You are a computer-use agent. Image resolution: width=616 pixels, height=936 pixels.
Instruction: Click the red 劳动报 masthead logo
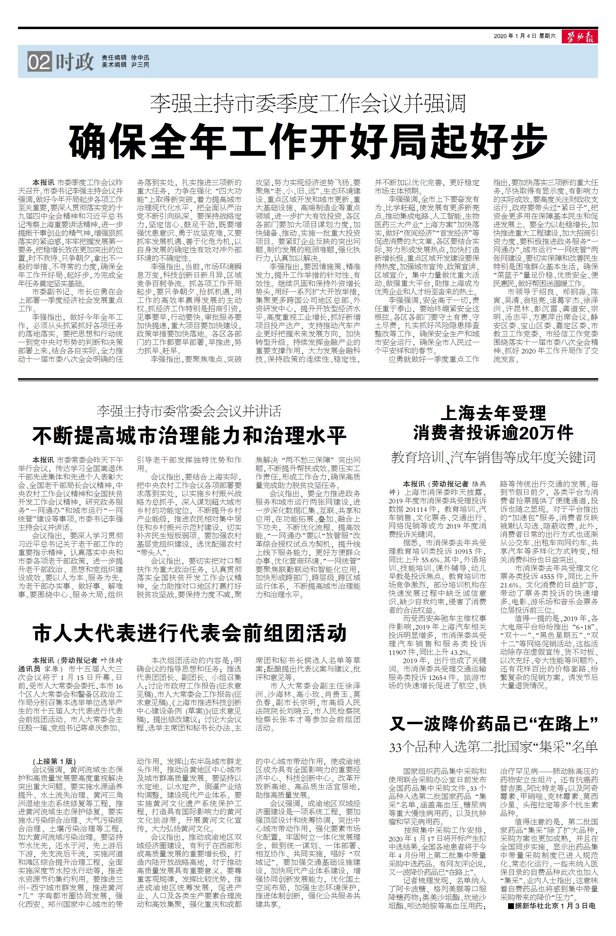coord(581,36)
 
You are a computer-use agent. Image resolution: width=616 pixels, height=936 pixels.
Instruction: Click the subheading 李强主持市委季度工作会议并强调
coord(308,103)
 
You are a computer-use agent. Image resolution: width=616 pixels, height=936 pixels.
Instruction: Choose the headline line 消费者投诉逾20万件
coord(493,433)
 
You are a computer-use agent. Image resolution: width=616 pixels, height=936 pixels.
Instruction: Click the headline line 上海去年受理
coord(493,413)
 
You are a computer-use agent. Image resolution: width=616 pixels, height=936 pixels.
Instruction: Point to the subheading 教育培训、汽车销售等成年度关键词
coord(493,457)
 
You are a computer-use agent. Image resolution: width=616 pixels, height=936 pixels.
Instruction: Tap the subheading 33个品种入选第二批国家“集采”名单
coord(493,746)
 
